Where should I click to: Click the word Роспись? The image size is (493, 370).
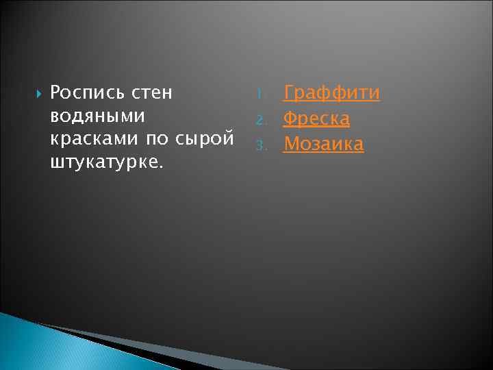coord(85,92)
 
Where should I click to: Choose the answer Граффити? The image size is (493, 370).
coord(331,93)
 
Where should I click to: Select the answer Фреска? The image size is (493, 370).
coord(316,119)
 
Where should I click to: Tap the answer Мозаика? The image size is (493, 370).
coord(323,144)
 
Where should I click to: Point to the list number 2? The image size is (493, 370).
coord(260,120)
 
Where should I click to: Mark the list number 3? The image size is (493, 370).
coord(260,145)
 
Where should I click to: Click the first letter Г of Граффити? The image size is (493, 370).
coord(289,92)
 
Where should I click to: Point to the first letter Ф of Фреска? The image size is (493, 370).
coord(290,119)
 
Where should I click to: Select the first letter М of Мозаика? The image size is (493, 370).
coord(291,144)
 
